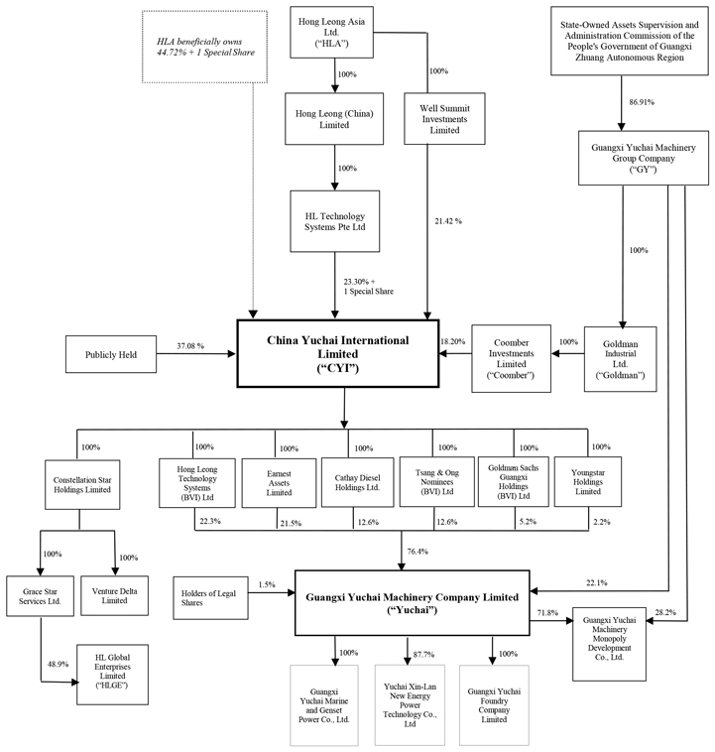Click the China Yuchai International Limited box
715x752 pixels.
(337, 354)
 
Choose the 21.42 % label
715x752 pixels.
(447, 219)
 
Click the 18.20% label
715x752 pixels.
(451, 340)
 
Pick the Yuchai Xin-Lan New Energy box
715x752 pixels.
(409, 703)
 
